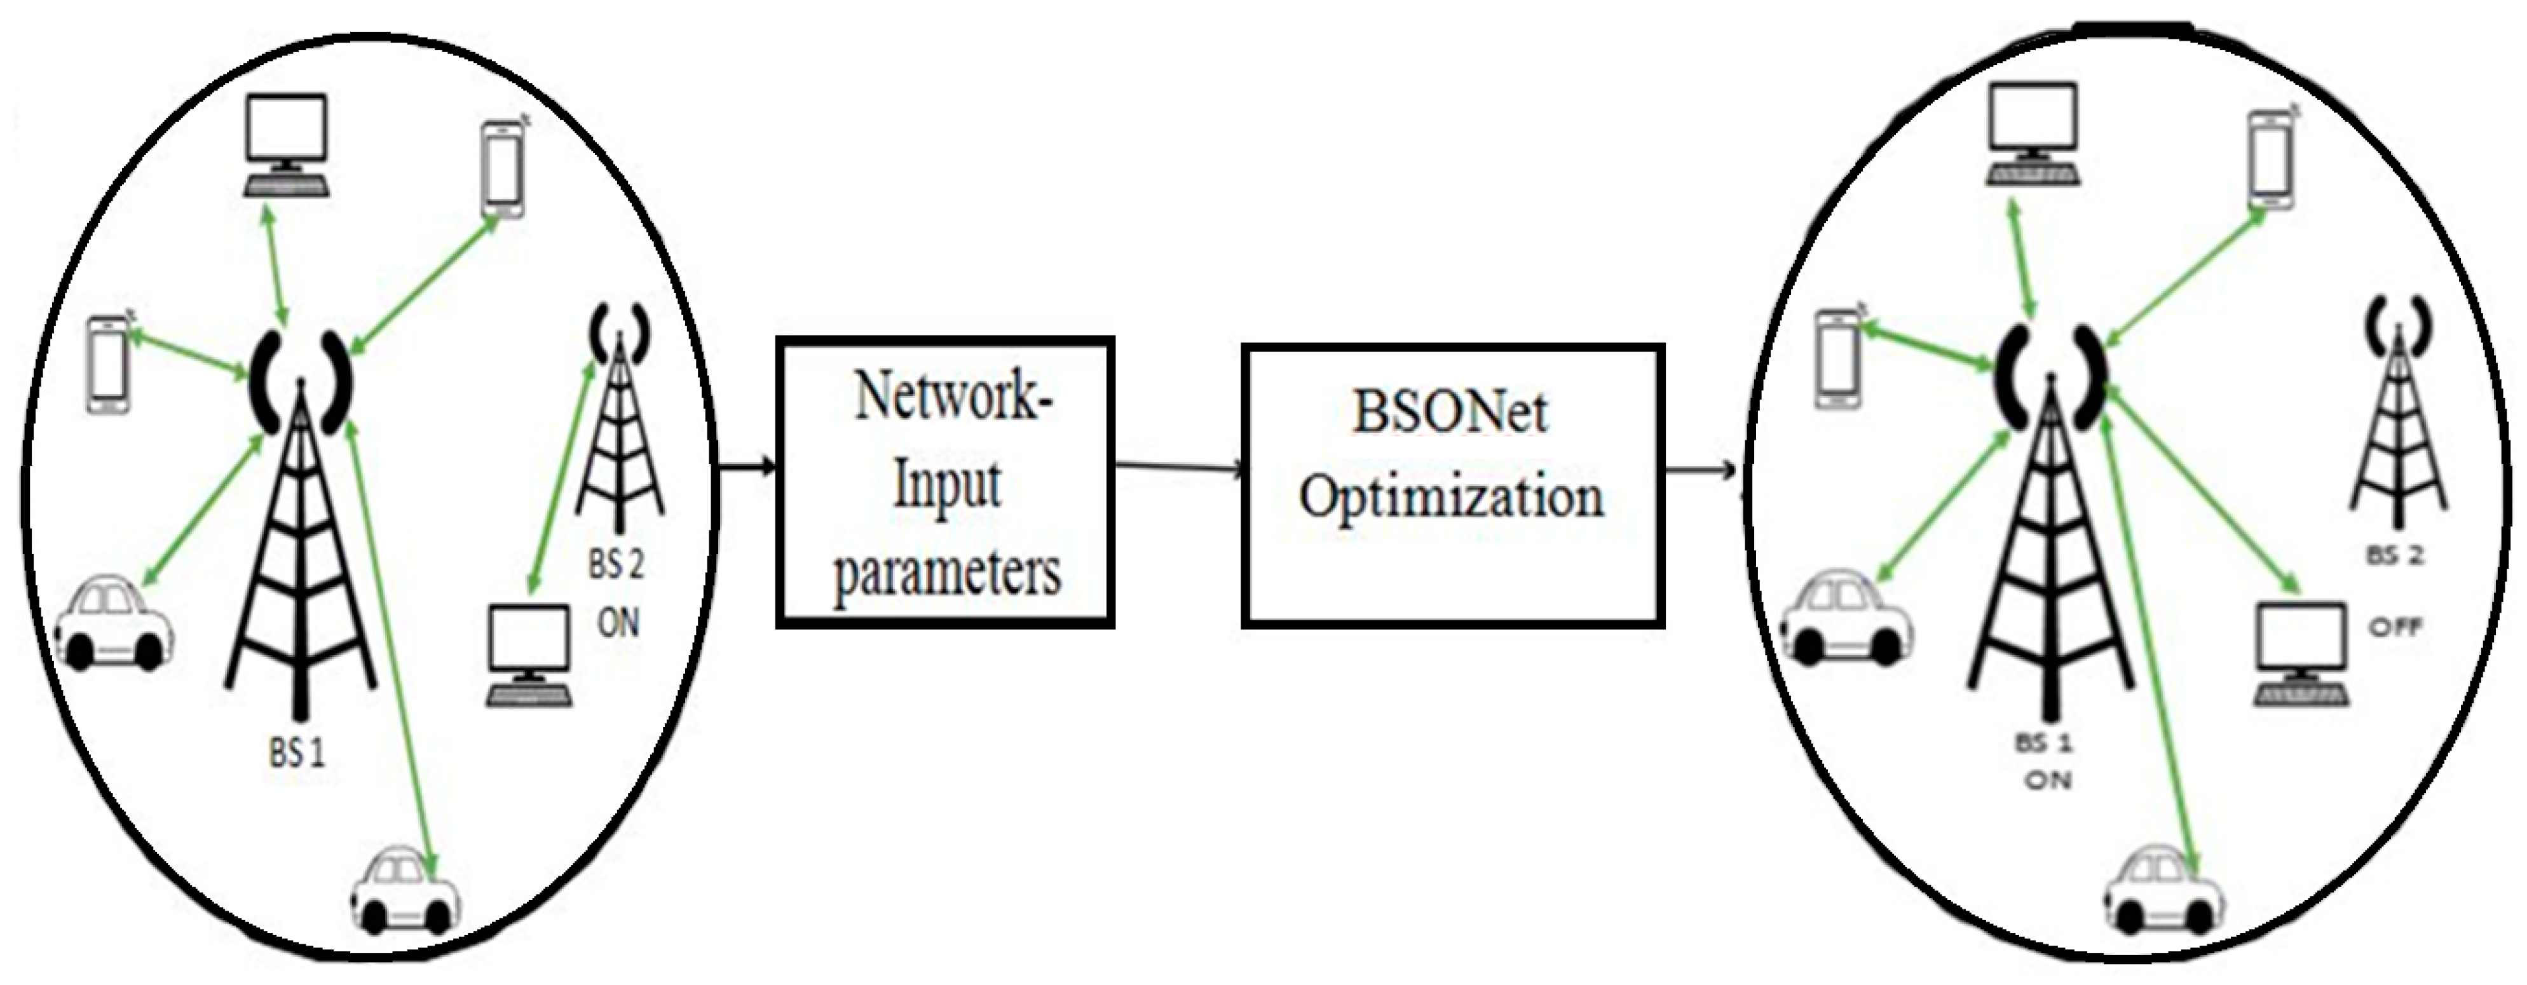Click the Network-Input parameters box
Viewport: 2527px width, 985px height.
(x=944, y=483)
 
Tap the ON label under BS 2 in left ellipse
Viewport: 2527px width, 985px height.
(x=618, y=622)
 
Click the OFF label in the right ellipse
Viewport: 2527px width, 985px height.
(x=2395, y=626)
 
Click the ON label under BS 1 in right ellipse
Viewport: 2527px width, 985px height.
(x=2048, y=780)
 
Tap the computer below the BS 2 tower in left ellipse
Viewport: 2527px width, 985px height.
(x=529, y=655)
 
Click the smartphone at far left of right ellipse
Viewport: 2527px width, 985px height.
(x=1837, y=358)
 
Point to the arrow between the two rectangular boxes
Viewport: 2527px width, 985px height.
(x=1177, y=468)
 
